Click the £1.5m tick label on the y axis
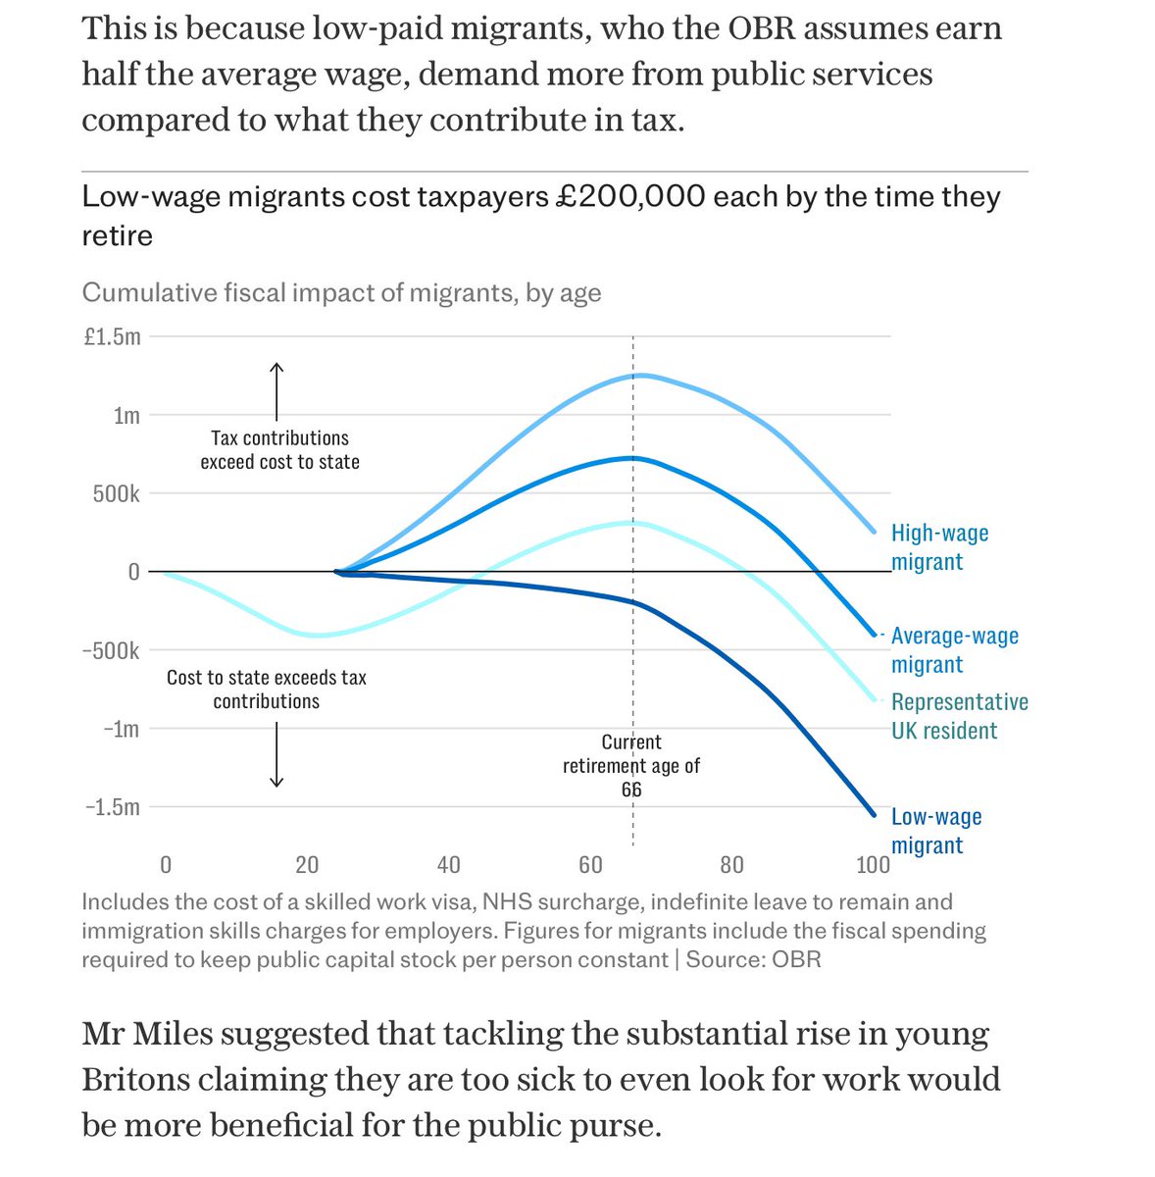pos(112,337)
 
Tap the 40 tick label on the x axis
pos(448,865)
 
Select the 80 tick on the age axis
pos(731,865)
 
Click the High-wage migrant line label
pos(938,547)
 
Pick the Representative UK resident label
pos(958,716)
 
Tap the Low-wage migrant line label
pos(935,831)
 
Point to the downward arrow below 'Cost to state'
pos(276,755)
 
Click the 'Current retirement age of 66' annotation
pos(631,765)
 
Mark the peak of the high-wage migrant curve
pos(636,376)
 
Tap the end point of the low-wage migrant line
pos(874,814)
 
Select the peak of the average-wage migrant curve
pos(633,458)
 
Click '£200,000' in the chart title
pos(630,196)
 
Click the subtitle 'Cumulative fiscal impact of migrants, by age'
pos(341,292)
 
